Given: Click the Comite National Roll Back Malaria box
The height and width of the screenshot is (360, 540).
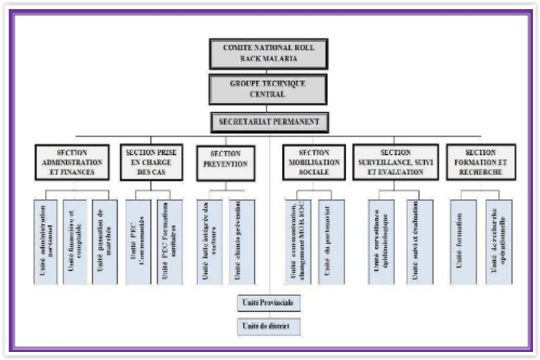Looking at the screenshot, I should coord(268,53).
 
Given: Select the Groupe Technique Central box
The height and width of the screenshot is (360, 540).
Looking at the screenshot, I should coord(268,89).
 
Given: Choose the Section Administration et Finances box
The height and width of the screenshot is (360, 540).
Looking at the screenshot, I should coord(72,162).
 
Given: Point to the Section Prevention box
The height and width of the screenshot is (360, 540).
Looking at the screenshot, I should coord(225,163).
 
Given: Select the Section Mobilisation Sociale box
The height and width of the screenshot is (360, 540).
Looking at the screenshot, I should coord(314,162).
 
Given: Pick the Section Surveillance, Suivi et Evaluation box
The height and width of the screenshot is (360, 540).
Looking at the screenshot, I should coord(396,162).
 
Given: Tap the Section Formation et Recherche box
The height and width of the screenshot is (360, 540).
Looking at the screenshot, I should coord(481,162).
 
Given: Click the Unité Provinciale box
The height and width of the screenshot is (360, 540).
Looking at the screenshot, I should coord(269,303).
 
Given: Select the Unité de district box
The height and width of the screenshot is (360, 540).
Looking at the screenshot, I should coord(269,326).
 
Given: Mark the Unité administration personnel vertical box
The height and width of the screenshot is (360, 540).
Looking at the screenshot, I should coord(45,242).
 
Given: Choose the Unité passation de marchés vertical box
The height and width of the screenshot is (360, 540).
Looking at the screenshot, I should coord(104,242).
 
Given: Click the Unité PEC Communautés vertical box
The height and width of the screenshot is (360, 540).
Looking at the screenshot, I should coord(138,242).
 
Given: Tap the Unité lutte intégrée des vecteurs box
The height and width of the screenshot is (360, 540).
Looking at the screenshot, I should coord(209,242).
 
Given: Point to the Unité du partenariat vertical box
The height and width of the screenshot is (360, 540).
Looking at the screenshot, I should coord(331,242).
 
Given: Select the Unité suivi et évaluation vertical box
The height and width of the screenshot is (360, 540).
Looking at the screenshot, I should coord(419,242).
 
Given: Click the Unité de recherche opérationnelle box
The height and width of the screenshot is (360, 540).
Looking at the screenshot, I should coord(499,242).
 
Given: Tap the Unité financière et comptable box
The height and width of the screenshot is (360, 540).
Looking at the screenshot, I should coord(74,242).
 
